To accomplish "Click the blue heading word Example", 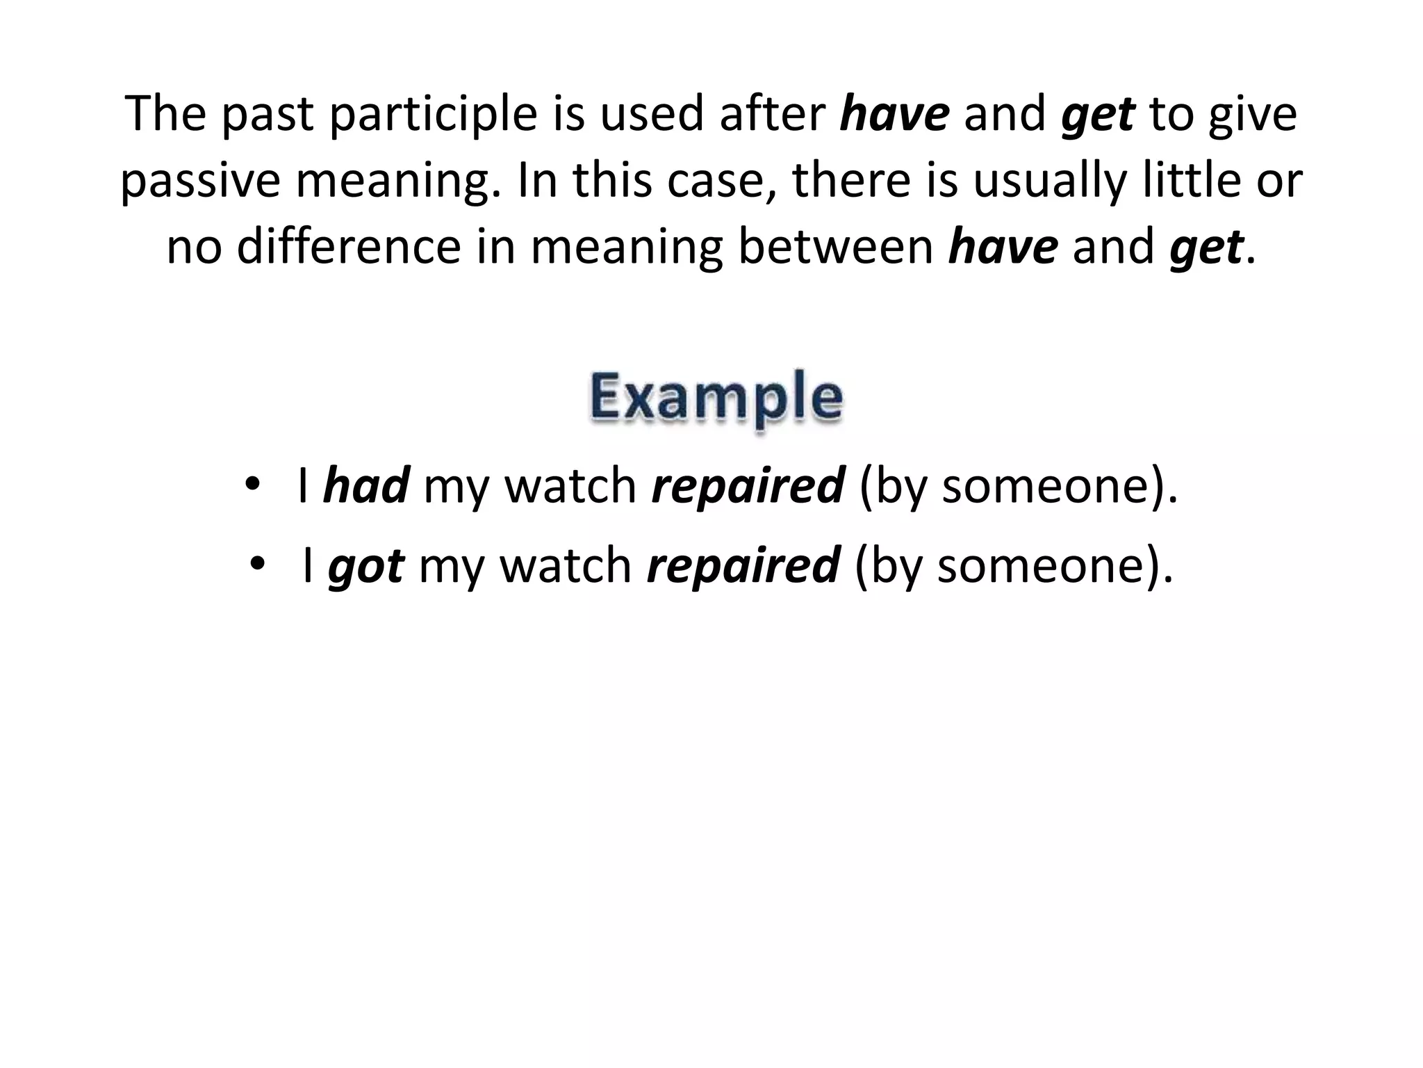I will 716,397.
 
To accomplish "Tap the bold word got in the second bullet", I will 365,566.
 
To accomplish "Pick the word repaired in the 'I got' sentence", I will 743,566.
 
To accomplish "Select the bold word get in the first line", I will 1098,115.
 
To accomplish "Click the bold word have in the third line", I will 1003,246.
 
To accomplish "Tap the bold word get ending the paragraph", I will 1206,248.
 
